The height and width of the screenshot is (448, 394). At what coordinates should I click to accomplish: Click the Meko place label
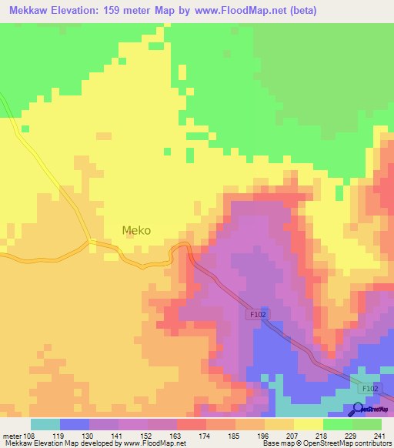click(x=136, y=230)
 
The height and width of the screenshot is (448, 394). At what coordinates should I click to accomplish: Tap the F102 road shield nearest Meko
click(x=257, y=314)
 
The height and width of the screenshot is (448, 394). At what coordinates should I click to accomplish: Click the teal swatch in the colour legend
click(x=45, y=424)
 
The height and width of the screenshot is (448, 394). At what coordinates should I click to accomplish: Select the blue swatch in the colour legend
click(x=75, y=424)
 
